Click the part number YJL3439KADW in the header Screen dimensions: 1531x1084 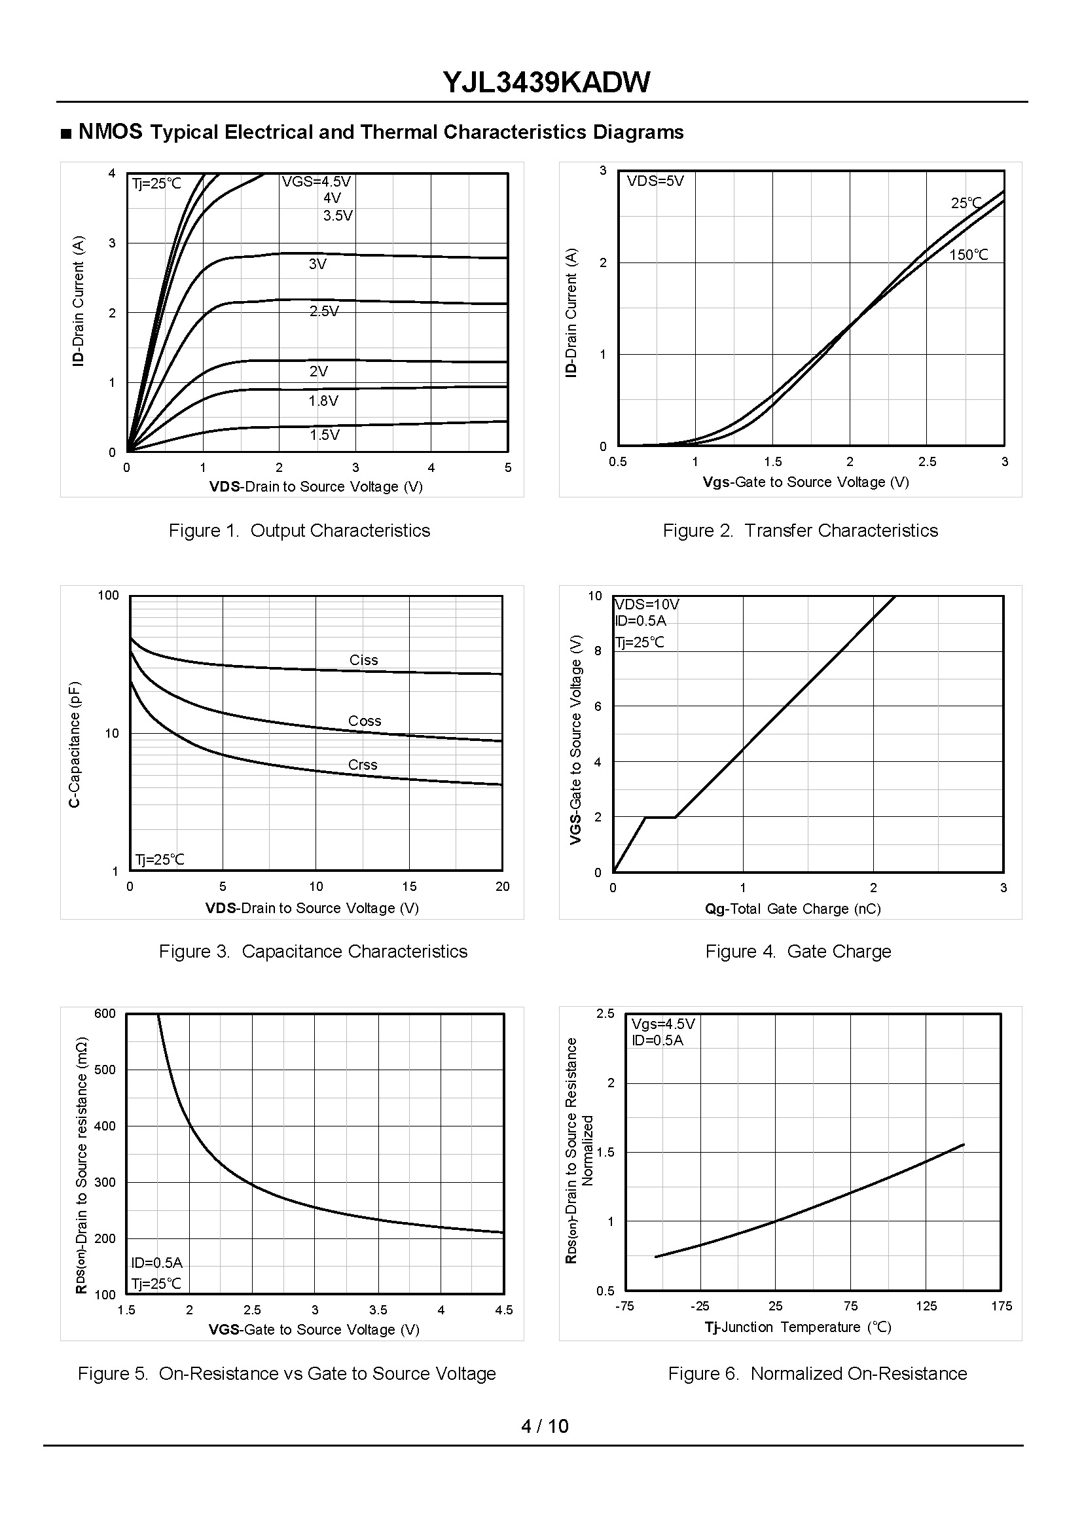(546, 82)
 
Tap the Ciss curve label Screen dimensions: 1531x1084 (364, 660)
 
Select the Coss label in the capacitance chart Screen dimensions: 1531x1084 (365, 721)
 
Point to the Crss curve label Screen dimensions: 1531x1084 (363, 765)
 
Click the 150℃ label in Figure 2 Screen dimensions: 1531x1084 (969, 255)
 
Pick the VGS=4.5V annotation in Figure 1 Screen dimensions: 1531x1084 (316, 181)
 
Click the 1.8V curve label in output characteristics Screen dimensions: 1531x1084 (323, 401)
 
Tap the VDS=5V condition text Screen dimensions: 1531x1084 (655, 181)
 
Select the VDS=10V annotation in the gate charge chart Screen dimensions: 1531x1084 (647, 604)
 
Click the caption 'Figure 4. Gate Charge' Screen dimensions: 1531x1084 (798, 951)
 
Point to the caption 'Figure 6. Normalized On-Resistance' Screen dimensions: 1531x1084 (817, 1373)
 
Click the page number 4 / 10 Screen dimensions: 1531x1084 (545, 1426)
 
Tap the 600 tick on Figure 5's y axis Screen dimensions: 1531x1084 (105, 1013)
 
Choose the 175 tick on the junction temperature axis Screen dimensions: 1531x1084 (1002, 1306)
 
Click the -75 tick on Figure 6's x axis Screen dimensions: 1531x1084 (624, 1306)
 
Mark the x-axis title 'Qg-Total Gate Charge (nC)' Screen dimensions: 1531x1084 (792, 909)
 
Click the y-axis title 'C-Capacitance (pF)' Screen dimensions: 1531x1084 (74, 744)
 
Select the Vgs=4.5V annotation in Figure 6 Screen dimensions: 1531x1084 (663, 1024)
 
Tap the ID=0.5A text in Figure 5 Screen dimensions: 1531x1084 (157, 1263)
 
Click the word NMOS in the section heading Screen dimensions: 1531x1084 (110, 132)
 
